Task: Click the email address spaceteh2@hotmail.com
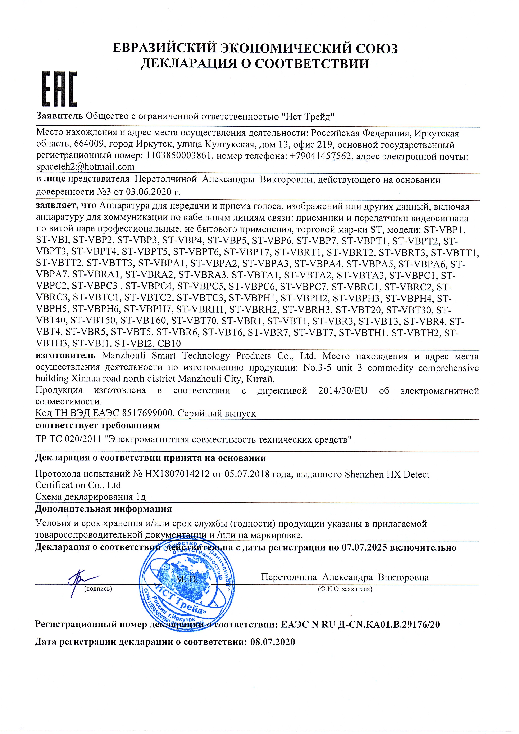point(85,167)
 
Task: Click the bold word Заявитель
point(60,115)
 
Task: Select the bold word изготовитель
point(65,356)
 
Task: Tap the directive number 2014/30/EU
point(343,391)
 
